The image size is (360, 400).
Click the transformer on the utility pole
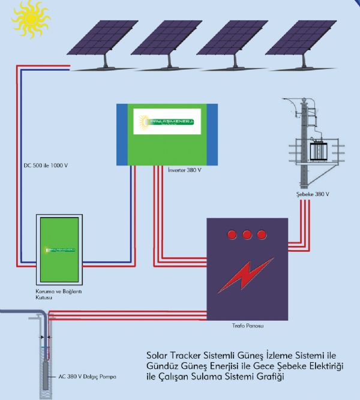click(317, 148)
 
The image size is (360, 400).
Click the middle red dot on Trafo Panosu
click(245, 234)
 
